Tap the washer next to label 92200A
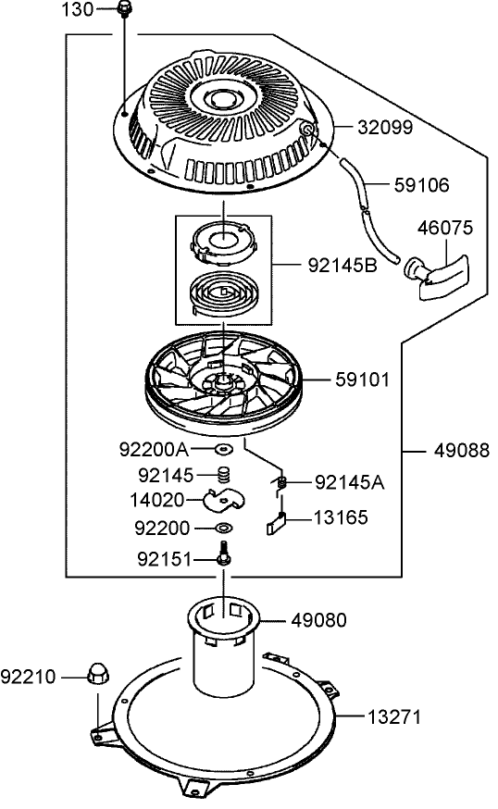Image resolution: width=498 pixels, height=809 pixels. tap(222, 450)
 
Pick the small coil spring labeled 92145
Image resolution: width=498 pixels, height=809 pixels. tap(222, 475)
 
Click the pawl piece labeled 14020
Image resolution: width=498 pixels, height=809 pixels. tap(222, 501)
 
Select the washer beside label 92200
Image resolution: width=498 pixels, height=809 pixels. tap(223, 529)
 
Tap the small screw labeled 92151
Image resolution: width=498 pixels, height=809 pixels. tap(223, 559)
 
